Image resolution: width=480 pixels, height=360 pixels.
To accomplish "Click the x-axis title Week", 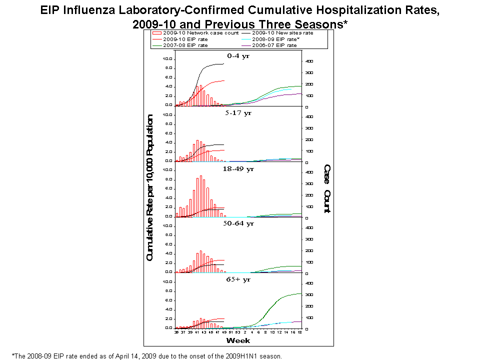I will [x=238, y=340].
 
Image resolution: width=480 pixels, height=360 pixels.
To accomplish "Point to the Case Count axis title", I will [x=326, y=189].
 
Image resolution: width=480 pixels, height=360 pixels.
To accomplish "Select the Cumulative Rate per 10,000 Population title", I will [x=149, y=194].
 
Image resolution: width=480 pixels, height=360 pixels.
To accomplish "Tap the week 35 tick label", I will [x=176, y=331].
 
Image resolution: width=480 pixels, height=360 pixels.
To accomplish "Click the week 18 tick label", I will [x=300, y=331].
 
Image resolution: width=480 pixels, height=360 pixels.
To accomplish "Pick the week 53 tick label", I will [x=238, y=331].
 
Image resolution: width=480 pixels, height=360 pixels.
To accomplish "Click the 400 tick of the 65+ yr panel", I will [x=309, y=283].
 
